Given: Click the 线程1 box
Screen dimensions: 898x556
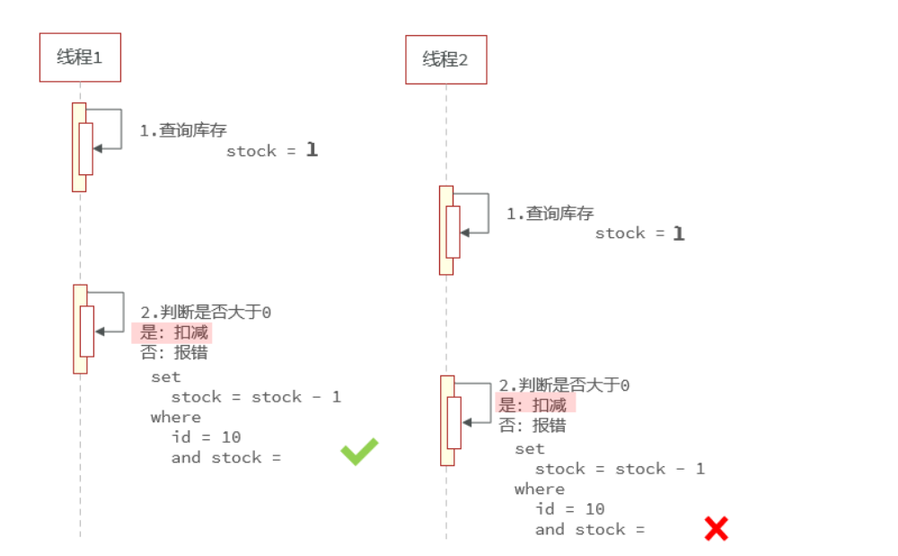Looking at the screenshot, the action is (x=80, y=57).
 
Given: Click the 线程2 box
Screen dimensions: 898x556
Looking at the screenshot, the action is (x=445, y=60).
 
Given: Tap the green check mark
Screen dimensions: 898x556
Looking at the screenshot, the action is (x=359, y=451).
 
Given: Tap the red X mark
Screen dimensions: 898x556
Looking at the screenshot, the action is (x=716, y=529).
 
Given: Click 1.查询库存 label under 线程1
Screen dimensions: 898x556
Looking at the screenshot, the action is (x=182, y=130).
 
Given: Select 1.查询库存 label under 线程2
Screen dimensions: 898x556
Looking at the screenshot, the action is (x=550, y=213).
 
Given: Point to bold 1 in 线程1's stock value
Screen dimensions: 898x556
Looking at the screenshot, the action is (x=312, y=150).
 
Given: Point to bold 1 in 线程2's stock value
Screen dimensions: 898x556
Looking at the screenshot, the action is (x=679, y=234).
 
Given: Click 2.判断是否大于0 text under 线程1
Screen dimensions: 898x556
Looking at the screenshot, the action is (x=206, y=313).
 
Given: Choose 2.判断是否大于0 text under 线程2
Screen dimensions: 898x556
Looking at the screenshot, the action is (x=564, y=385).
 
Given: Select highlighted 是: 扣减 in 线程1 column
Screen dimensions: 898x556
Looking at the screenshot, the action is (x=174, y=332).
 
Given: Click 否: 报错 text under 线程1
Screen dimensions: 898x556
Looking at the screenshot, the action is (x=174, y=352).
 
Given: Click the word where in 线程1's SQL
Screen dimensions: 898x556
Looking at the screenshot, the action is (x=176, y=417).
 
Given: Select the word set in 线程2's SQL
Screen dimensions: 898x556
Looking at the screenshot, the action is (x=530, y=448).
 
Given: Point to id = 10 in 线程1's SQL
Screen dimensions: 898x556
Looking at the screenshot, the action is (x=206, y=437).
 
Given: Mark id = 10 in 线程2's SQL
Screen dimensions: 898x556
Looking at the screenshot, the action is (x=570, y=509).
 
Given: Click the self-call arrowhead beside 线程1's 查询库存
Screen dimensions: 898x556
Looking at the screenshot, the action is (x=97, y=148).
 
